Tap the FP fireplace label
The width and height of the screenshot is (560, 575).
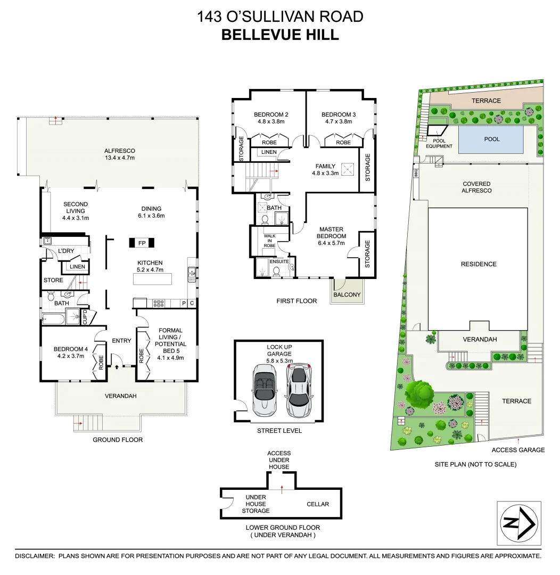click(x=142, y=243)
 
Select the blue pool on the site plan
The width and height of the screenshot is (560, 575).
click(x=490, y=139)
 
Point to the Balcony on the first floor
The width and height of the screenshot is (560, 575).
click(x=347, y=294)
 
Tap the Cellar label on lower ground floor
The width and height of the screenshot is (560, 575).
click(x=318, y=504)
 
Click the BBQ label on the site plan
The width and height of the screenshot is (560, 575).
click(x=416, y=173)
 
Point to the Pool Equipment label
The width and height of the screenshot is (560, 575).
click(x=439, y=144)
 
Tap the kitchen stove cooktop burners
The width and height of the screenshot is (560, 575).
click(x=159, y=303)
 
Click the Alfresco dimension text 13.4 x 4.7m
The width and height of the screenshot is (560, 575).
click(x=120, y=158)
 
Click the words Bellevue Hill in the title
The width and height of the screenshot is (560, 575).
click(x=280, y=35)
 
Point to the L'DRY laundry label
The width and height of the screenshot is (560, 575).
click(x=66, y=251)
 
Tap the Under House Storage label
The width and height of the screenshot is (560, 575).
click(x=256, y=504)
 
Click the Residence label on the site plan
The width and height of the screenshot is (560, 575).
click(x=479, y=264)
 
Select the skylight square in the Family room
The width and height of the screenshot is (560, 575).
click(x=348, y=170)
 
